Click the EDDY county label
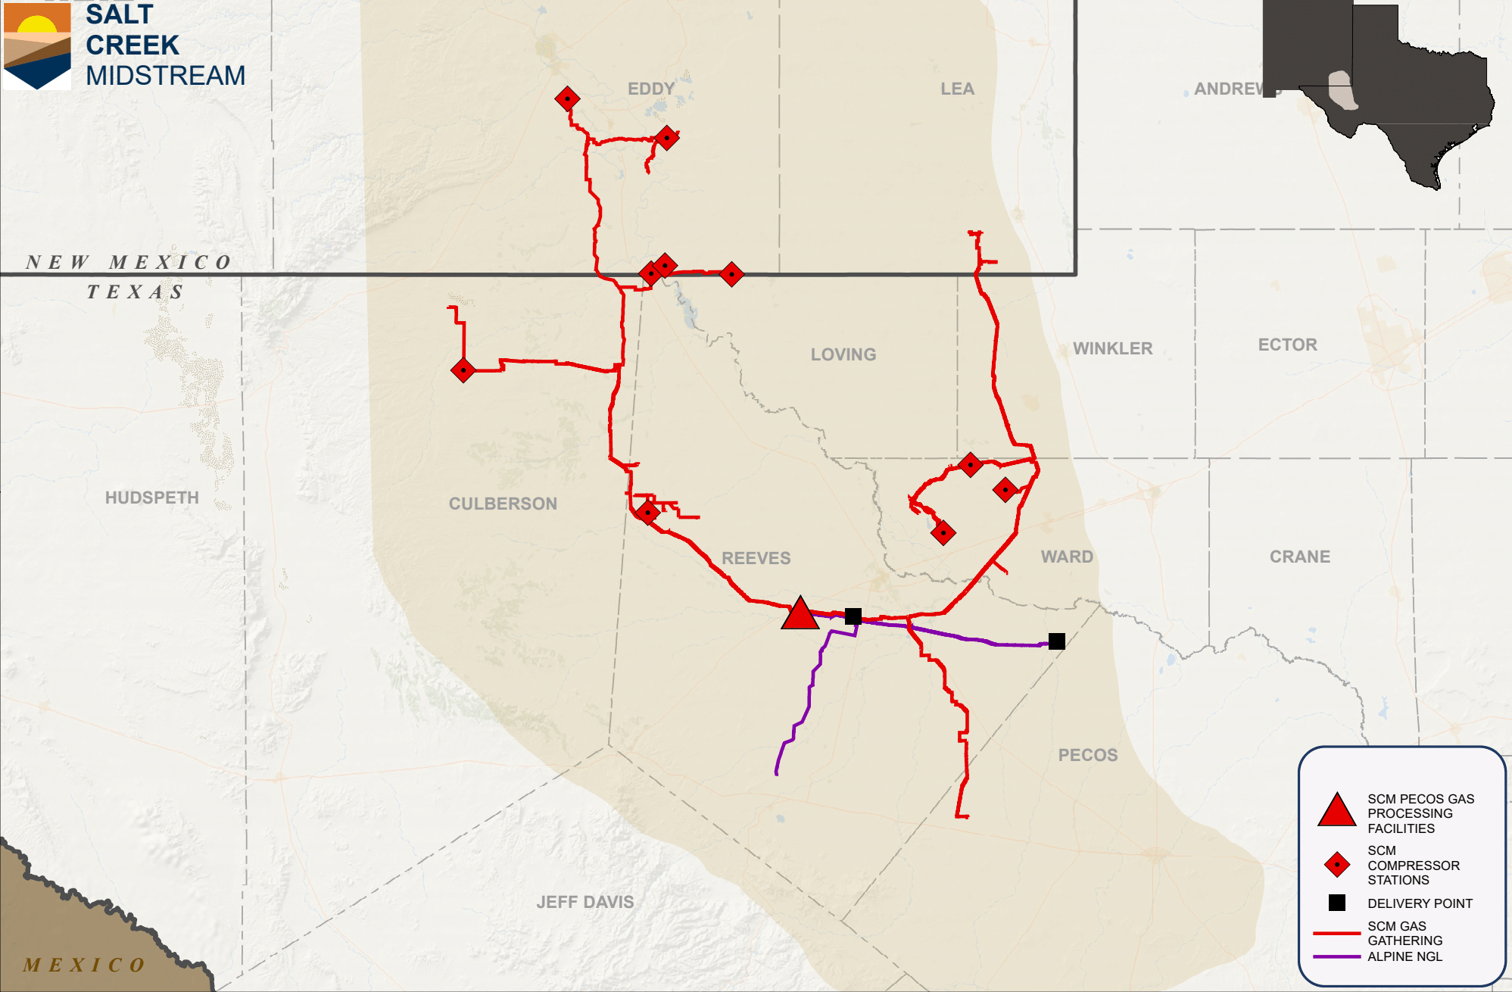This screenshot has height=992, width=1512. click(651, 89)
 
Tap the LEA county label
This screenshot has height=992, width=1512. click(957, 89)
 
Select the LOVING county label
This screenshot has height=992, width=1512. click(843, 354)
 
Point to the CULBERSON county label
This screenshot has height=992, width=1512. click(503, 504)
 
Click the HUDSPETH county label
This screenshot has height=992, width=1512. click(152, 498)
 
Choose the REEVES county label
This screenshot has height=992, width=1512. click(756, 558)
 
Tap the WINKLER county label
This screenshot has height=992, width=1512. click(1112, 348)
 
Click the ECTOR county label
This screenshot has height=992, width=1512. click(1287, 345)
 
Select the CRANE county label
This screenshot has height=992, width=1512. click(1299, 557)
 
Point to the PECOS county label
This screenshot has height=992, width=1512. click(1087, 755)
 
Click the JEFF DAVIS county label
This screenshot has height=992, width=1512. click(585, 902)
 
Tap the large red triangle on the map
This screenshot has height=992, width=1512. click(800, 615)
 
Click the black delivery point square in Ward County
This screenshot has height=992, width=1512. click(1057, 641)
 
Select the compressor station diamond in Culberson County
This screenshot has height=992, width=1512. click(463, 370)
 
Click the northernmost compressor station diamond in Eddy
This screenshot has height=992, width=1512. click(567, 98)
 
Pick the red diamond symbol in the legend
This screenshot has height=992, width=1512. click(1337, 865)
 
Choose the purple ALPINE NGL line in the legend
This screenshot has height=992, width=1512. click(1336, 956)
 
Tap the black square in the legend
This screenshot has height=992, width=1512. click(1337, 903)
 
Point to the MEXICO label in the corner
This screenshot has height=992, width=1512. click(83, 965)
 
